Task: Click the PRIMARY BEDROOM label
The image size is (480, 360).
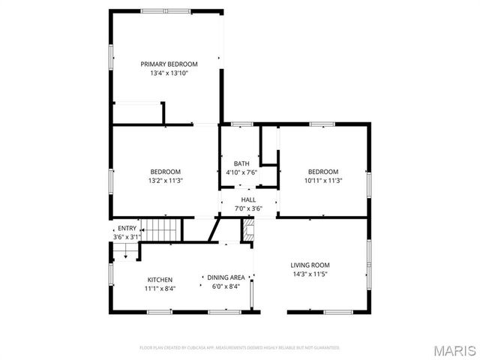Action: pos(169,64)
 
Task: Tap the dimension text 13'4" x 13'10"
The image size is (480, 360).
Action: pos(169,73)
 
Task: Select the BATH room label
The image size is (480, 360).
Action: pos(241,163)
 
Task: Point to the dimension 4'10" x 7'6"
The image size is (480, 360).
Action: pos(241,172)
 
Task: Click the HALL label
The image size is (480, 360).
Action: pos(247,200)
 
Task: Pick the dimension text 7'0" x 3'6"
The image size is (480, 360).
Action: pos(247,208)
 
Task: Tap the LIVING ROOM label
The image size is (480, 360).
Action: pos(310,265)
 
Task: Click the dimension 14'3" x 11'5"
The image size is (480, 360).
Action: pos(310,274)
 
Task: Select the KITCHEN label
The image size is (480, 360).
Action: pos(160,279)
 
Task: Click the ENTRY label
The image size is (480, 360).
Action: pos(127,229)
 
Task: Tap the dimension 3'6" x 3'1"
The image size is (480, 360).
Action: pos(127,237)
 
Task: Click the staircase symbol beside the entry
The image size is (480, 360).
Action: pos(163,230)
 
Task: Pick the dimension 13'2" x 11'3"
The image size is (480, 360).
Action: pos(165,181)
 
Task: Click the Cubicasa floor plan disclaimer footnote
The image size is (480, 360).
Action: pos(240,348)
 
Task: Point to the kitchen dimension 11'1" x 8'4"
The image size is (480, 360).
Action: pos(160,288)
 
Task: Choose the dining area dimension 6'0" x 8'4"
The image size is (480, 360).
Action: pos(226,286)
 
